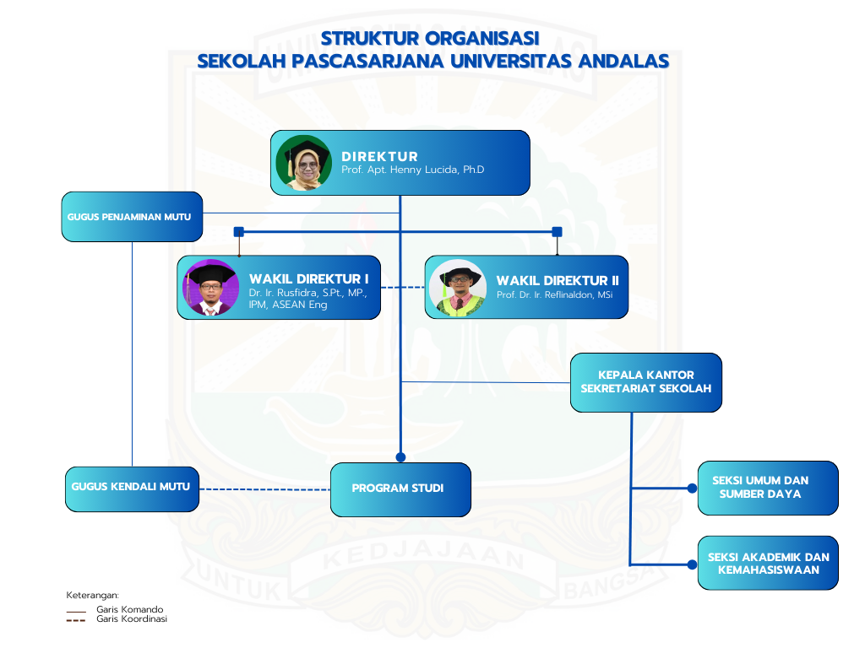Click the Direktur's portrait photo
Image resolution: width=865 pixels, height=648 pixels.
(x=303, y=163)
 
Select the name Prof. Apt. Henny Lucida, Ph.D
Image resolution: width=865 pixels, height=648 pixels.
(x=412, y=170)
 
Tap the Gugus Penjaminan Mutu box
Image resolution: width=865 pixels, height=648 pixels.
(x=132, y=217)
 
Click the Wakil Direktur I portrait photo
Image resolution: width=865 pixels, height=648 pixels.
(x=211, y=287)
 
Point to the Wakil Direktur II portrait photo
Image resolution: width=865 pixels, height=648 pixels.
(x=458, y=287)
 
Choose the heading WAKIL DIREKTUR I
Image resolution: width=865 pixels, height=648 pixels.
(x=308, y=279)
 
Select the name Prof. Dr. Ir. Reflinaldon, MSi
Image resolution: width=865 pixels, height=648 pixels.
(x=554, y=295)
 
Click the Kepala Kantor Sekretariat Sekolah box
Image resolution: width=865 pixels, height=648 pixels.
(x=645, y=382)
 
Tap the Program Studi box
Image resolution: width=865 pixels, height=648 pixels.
(x=400, y=489)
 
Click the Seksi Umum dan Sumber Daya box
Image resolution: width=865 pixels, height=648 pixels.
(x=767, y=488)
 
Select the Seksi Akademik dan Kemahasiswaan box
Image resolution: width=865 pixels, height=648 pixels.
(x=767, y=563)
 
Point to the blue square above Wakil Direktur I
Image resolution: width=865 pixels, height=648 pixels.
(x=239, y=231)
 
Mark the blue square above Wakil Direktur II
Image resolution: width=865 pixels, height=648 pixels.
(x=557, y=231)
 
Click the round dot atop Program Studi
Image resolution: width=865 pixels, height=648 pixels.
(x=400, y=457)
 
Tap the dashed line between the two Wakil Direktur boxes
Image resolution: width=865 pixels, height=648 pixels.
(x=402, y=288)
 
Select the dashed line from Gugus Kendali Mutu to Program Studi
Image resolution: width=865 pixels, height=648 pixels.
(x=264, y=489)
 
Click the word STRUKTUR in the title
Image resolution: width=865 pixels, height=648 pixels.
(x=368, y=39)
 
